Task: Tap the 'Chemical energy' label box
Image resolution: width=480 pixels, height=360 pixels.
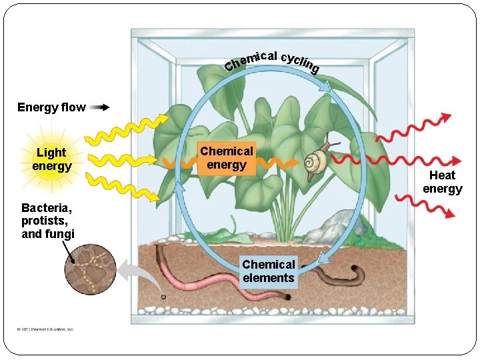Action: click(x=226, y=159)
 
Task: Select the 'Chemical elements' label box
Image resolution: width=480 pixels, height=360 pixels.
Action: click(x=268, y=271)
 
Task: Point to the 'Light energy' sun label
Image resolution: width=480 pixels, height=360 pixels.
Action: click(x=51, y=159)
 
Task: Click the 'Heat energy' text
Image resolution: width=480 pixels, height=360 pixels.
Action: click(x=442, y=181)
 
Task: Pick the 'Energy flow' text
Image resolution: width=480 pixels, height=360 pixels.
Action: click(x=51, y=107)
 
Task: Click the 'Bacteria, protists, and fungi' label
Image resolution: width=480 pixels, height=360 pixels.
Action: click(x=48, y=220)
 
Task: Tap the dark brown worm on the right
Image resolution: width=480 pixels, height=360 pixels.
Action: click(x=340, y=273)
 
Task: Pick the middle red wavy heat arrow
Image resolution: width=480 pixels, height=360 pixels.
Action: click(x=393, y=160)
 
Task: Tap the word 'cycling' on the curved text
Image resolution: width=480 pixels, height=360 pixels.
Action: click(x=300, y=61)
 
